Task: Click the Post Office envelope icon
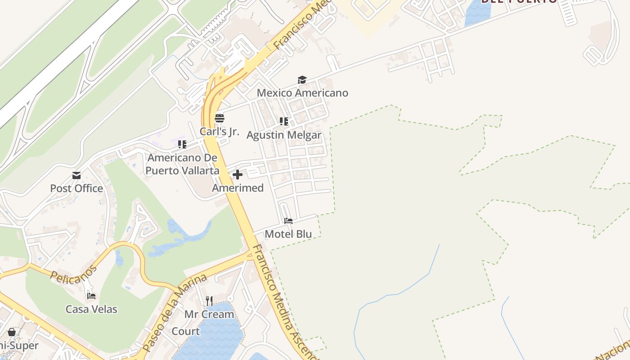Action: tap(76, 175)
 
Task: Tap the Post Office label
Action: tap(76, 188)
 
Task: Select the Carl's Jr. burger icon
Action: tap(220, 118)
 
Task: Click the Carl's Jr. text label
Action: tap(220, 132)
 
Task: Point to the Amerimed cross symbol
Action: tap(238, 175)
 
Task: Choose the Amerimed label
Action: tap(238, 188)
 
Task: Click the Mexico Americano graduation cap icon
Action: tap(302, 80)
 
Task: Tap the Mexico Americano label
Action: tap(302, 93)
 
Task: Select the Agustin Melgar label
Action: tap(284, 135)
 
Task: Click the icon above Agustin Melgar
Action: tap(284, 121)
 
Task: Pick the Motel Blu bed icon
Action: tap(288, 221)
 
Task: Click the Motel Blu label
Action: tap(288, 234)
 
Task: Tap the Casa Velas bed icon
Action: tap(91, 296)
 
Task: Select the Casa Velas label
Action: tap(91, 309)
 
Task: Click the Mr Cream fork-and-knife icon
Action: tap(209, 301)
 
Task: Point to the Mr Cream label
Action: tap(209, 314)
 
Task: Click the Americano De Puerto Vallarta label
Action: tap(182, 164)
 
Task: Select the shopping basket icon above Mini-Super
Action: tap(12, 332)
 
